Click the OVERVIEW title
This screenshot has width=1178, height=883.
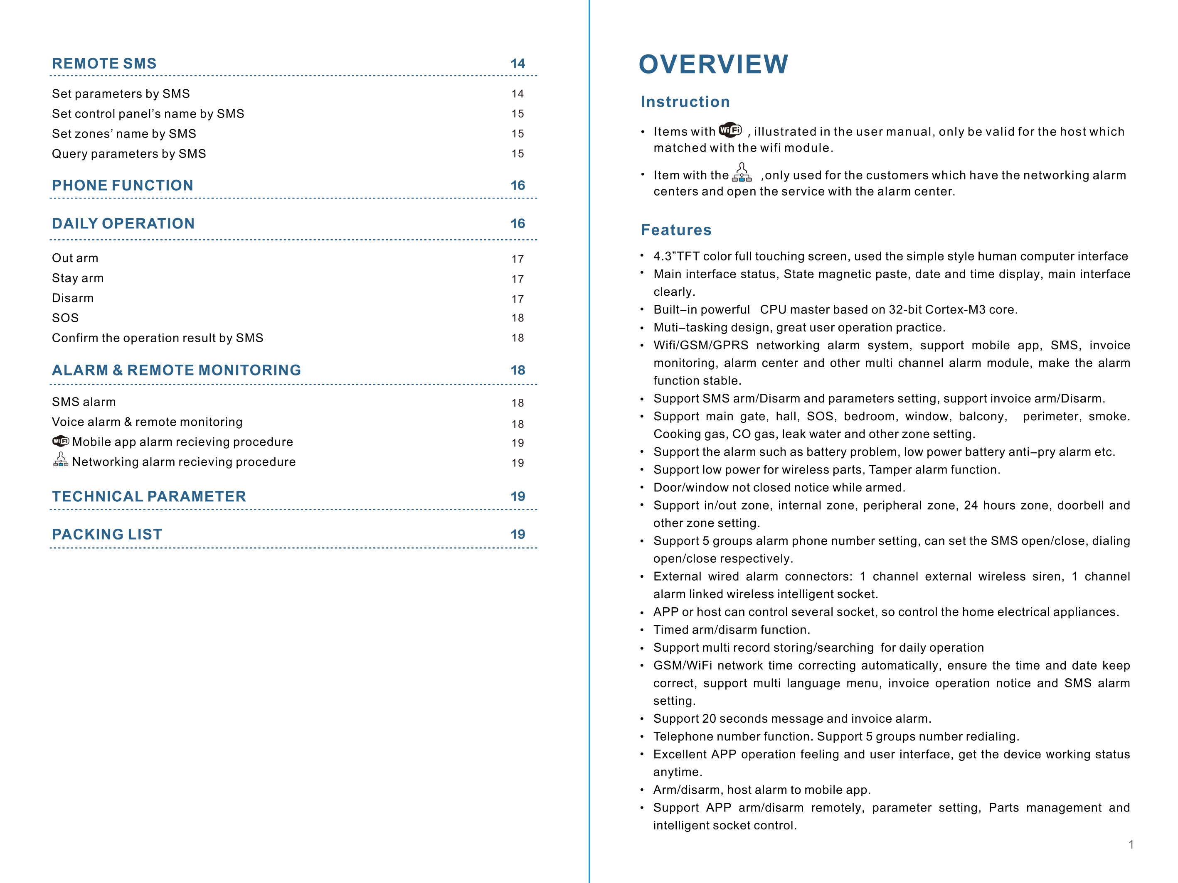tap(713, 64)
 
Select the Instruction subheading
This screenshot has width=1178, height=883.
tap(685, 102)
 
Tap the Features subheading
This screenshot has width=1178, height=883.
tap(676, 230)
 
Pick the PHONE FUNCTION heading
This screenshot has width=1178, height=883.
tap(123, 186)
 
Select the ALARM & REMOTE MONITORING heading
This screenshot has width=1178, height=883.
tap(176, 370)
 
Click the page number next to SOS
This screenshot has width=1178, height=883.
tap(518, 318)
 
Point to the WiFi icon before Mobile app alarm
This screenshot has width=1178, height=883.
tap(61, 441)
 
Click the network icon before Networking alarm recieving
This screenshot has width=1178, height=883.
tap(61, 460)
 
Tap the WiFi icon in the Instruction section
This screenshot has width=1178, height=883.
tap(730, 130)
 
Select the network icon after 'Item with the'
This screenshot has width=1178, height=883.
tap(742, 173)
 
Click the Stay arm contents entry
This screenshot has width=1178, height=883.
tap(78, 278)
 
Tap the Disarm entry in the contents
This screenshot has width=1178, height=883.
tap(72, 299)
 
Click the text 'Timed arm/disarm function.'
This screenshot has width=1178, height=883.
tap(731, 630)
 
